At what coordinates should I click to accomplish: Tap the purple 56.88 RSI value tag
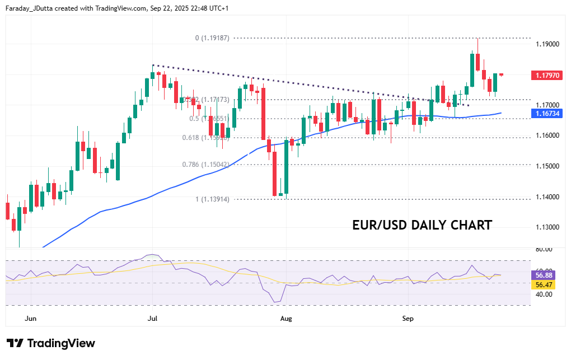point(544,275)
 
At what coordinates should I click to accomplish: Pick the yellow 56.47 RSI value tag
point(544,285)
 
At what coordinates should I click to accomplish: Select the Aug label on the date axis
point(285,319)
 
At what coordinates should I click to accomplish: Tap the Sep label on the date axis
point(408,319)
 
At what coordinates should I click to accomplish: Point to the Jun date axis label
point(31,319)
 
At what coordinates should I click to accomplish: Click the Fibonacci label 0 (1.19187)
point(212,38)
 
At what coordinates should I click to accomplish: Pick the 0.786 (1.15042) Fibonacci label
point(205,165)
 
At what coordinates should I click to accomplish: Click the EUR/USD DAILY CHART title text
point(422,225)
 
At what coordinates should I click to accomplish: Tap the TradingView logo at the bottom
point(51,343)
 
